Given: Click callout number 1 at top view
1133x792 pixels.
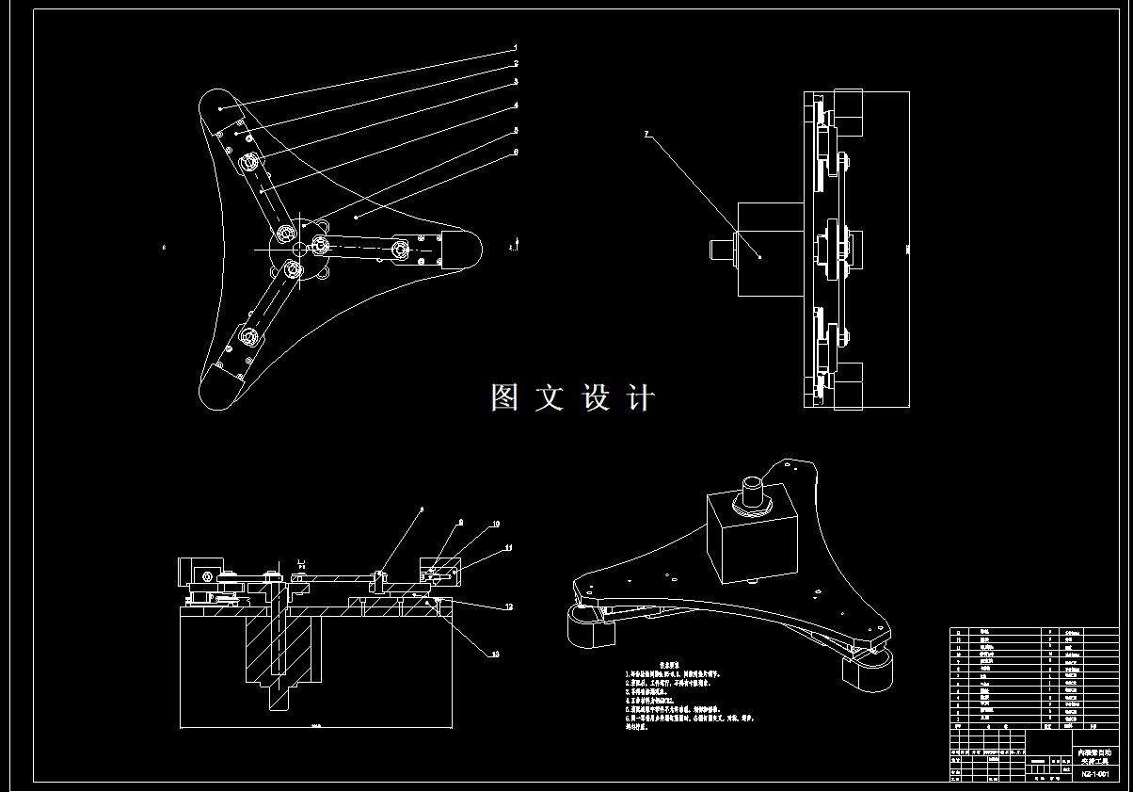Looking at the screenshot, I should pyautogui.click(x=515, y=47).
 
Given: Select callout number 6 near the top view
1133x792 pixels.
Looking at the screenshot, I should pyautogui.click(x=515, y=152).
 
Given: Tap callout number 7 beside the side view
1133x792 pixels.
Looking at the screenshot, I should pyautogui.click(x=646, y=135).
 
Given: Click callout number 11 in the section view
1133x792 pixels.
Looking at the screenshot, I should pyautogui.click(x=508, y=547).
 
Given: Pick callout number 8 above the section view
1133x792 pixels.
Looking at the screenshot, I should pyautogui.click(x=421, y=509).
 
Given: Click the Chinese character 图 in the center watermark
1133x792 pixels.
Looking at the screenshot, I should pyautogui.click(x=504, y=397).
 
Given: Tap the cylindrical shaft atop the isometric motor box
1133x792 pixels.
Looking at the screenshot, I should pyautogui.click(x=755, y=493).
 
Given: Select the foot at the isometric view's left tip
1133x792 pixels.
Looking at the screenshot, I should pyautogui.click(x=589, y=628).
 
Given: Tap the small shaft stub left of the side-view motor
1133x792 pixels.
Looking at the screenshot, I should pyautogui.click(x=721, y=250).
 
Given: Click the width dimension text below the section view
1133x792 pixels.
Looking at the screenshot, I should pyautogui.click(x=315, y=726).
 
